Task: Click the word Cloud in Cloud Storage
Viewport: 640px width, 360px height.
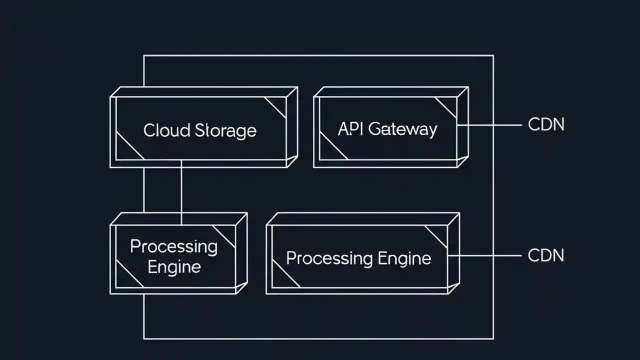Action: click(x=166, y=130)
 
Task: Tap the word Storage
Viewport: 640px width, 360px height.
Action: click(x=225, y=130)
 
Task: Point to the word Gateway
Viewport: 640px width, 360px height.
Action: click(x=402, y=129)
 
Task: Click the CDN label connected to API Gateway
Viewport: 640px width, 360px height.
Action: click(x=546, y=124)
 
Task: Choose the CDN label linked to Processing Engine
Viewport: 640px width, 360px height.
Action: click(x=546, y=255)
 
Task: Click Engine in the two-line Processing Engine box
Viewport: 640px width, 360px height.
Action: click(x=173, y=266)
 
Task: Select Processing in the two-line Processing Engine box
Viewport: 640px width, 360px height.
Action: click(x=173, y=246)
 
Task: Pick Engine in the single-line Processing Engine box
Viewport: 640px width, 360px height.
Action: click(x=404, y=258)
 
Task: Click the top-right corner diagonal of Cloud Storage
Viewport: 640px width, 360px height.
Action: click(x=275, y=107)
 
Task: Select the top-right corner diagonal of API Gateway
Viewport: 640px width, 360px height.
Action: click(x=446, y=107)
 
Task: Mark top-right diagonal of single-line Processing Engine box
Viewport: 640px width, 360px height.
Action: click(x=436, y=236)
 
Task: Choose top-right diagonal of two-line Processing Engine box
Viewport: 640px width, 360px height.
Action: click(x=224, y=236)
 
